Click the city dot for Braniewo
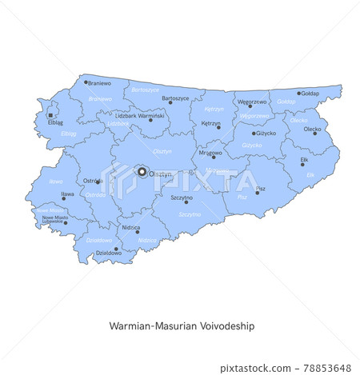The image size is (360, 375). tap(86, 82)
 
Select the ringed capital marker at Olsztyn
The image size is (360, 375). tap(142, 171)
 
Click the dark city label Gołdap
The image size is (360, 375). tap(311, 94)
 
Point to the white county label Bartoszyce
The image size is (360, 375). tap(144, 90)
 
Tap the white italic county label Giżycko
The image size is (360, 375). tap(253, 146)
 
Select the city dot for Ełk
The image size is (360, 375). tap(302, 165)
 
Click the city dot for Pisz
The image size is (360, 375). tap(258, 192)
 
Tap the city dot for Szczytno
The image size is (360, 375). tap(186, 201)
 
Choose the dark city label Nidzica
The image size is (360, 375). tap(130, 227)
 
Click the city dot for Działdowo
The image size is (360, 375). tap(116, 248)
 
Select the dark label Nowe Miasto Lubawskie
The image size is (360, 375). tap(55, 218)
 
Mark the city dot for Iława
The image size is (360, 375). tap(64, 198)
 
